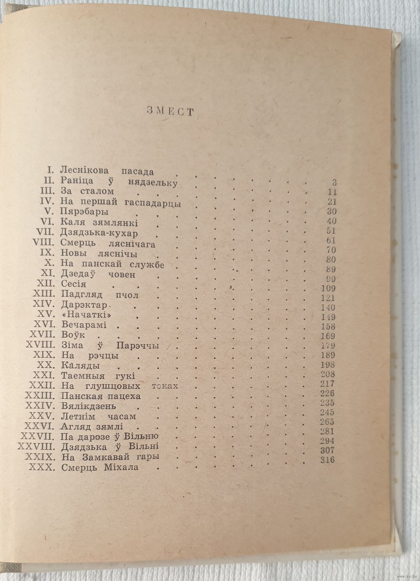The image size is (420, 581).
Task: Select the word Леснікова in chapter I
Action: coord(86,171)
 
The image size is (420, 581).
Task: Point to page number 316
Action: coord(326,460)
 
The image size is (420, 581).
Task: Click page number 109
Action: coord(327,288)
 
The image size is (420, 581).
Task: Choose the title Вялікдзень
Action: coord(88,406)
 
